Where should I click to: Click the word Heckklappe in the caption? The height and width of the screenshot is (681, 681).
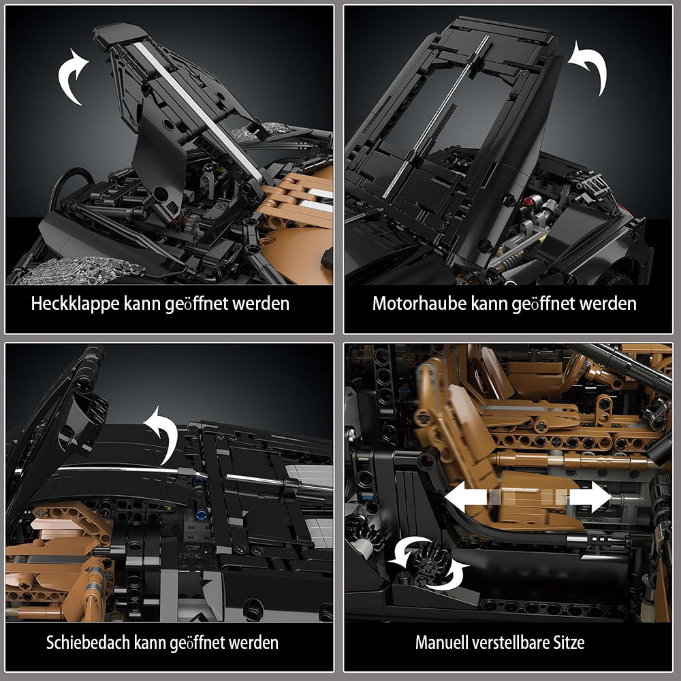click(75, 304)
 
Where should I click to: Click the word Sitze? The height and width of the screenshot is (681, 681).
click(569, 642)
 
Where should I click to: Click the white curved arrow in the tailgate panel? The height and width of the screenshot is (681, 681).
click(72, 76)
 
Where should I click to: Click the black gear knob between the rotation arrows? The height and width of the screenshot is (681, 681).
click(430, 563)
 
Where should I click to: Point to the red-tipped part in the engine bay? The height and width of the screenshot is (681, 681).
click(528, 202)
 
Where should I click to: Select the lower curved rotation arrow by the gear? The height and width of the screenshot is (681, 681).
click(449, 577)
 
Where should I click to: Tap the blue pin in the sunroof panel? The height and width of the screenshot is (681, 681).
click(200, 516)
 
